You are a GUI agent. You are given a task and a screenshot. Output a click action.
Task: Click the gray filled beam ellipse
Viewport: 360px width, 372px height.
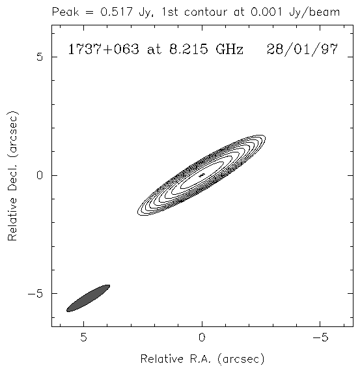tap(88, 298)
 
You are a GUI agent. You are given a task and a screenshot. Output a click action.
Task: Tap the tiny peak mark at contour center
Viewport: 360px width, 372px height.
tap(201, 175)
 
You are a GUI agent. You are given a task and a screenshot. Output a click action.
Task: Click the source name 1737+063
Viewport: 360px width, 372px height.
tap(104, 50)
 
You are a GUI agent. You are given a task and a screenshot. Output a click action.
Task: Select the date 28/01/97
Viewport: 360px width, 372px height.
tap(302, 50)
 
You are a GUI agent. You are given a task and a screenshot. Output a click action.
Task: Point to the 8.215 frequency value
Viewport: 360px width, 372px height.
tap(188, 50)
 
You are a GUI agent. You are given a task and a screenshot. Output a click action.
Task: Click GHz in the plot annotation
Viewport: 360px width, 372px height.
tap(229, 50)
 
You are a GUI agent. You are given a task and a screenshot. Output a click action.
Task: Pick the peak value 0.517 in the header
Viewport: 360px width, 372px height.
tap(116, 12)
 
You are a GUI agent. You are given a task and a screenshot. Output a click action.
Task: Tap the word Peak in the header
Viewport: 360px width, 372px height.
tap(65, 12)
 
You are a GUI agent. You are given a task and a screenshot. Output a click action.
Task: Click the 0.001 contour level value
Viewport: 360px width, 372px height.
tap(266, 12)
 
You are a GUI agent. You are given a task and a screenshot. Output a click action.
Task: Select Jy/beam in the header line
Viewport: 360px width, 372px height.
tap(314, 12)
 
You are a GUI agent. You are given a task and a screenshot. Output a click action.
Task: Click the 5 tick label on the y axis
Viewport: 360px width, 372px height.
tap(40, 57)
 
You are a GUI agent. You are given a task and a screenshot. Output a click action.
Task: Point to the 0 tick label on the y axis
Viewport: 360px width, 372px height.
tap(40, 175)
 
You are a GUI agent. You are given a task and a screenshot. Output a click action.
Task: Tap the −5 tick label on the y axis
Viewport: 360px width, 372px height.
tap(36, 294)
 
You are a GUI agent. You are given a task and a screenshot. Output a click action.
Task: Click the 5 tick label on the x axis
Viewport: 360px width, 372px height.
tap(83, 337)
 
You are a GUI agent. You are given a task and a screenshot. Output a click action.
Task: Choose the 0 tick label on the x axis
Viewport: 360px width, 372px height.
tap(202, 337)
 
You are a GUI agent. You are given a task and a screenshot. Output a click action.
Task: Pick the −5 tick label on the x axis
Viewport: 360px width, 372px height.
tap(320, 337)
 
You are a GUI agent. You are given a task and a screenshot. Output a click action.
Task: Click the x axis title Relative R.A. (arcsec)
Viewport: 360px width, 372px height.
tap(202, 359)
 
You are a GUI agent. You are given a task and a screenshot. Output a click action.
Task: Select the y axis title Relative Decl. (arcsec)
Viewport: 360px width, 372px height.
tap(12, 175)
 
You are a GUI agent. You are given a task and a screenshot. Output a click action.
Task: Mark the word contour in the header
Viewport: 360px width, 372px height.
tap(206, 12)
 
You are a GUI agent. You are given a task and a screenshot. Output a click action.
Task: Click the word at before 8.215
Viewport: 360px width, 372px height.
tap(154, 50)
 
